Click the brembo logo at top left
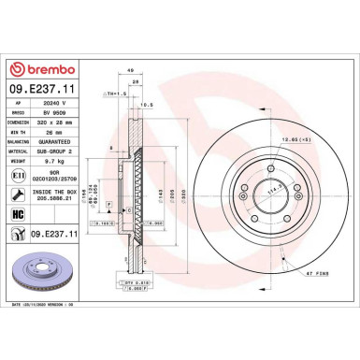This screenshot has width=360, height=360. click(x=47, y=70)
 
